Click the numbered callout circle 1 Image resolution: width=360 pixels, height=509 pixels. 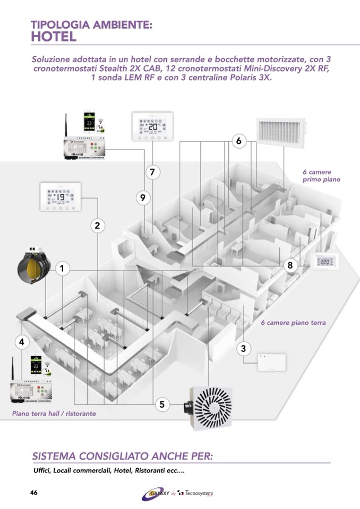point(62,269)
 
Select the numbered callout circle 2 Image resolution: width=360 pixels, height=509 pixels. point(97,226)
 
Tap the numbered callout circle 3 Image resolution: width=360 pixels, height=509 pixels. point(243,349)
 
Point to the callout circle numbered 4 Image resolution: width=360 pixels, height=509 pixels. point(22,342)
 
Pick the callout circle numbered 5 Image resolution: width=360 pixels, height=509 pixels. point(162,404)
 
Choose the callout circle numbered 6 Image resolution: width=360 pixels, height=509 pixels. point(239,141)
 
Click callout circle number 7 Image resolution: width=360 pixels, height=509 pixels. point(152,172)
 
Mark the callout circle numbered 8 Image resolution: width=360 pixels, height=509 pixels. point(290,265)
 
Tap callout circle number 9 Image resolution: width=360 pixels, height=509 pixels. point(142,197)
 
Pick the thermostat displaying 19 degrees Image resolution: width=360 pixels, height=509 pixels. point(60,197)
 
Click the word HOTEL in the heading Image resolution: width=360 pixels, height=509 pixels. point(54,37)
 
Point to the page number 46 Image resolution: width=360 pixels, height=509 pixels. point(33,493)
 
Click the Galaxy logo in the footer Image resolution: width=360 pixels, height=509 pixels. point(156,494)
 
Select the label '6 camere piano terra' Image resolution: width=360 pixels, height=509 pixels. point(293,323)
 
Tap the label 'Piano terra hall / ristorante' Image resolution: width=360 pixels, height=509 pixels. point(54,413)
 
